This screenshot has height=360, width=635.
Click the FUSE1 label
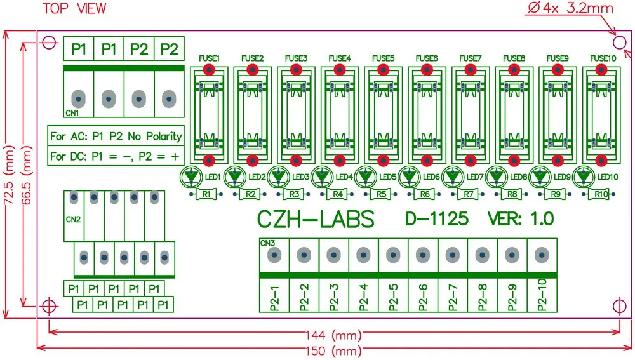point(209,58)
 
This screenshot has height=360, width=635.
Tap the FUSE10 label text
point(603,58)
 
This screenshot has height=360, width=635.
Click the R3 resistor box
point(294,194)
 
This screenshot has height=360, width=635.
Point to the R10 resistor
point(601,194)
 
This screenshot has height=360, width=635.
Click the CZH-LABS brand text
point(316,219)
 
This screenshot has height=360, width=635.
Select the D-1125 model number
point(437,219)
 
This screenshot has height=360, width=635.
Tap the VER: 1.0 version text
point(521,219)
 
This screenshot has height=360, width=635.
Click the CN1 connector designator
point(72,113)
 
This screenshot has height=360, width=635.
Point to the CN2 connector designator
point(74,220)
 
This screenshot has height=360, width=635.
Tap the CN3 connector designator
point(267,243)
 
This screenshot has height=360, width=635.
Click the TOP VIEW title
point(74,8)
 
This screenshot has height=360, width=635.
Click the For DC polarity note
point(116,156)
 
